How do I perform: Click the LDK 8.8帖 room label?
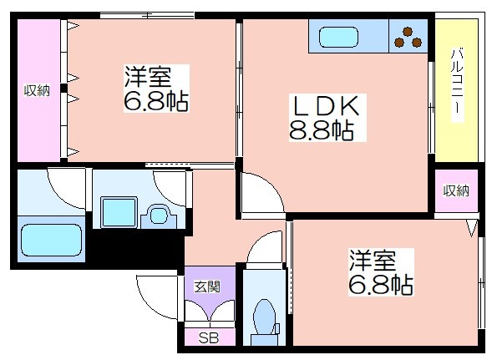pos(327,118)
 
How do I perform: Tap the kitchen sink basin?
pos(338,37)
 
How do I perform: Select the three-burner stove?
pos(408,36)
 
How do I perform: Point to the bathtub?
pos(52,240)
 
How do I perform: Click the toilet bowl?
pos(265,317)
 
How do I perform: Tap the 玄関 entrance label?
pos(207,286)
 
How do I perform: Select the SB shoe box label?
pos(209,338)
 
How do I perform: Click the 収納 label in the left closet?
pos(37,91)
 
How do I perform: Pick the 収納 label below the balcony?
pos(456,190)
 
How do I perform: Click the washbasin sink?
pos(159,215)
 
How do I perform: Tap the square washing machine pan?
pos(119,212)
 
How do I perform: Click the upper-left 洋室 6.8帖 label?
pos(156,89)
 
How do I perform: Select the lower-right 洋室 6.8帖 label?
pos(381,272)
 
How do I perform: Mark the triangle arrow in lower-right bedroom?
pos(471,228)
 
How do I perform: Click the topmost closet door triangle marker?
pos(73,25)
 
